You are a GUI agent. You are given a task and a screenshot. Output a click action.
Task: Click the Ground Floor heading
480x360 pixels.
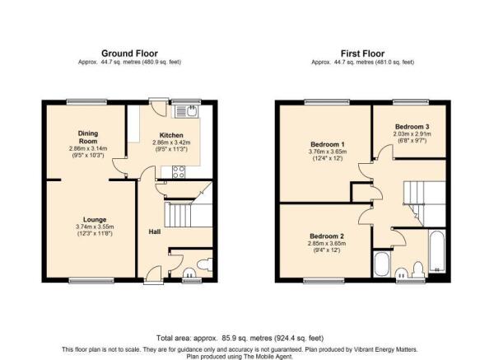click(129, 54)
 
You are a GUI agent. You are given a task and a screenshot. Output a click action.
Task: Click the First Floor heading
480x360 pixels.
click(362, 54)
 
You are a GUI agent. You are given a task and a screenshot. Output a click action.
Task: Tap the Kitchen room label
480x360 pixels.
click(171, 135)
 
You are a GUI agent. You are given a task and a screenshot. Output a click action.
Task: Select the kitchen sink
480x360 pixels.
click(187, 111)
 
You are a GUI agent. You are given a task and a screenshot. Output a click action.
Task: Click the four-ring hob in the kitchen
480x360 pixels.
click(179, 172)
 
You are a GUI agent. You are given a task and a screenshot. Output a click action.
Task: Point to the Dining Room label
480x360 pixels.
click(88, 138)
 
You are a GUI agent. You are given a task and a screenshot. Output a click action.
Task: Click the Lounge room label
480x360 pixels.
click(95, 219)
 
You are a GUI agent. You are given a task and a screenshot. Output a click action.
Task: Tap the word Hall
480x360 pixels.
click(155, 232)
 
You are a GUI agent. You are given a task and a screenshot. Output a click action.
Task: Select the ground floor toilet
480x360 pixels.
click(205, 264)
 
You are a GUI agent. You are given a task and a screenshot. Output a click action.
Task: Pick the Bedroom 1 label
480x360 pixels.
click(328, 144)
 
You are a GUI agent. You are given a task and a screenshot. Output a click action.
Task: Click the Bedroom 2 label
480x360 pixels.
click(327, 236)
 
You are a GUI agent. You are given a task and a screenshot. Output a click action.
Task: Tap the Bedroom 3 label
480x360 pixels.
click(412, 127)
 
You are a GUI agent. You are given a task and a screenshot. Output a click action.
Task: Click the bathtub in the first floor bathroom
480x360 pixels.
click(437, 251)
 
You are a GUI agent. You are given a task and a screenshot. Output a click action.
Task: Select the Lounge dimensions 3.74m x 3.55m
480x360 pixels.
click(95, 227)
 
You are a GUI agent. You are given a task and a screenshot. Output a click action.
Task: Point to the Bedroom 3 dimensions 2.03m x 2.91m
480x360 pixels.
click(412, 134)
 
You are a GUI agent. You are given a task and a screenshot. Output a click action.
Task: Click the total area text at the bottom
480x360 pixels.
click(240, 339)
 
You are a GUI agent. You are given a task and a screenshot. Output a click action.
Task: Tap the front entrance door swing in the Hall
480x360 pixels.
click(153, 273)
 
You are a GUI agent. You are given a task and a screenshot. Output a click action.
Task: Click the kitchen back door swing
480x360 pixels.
click(159, 108)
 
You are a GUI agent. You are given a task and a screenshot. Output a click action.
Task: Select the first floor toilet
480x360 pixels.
click(418, 269)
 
